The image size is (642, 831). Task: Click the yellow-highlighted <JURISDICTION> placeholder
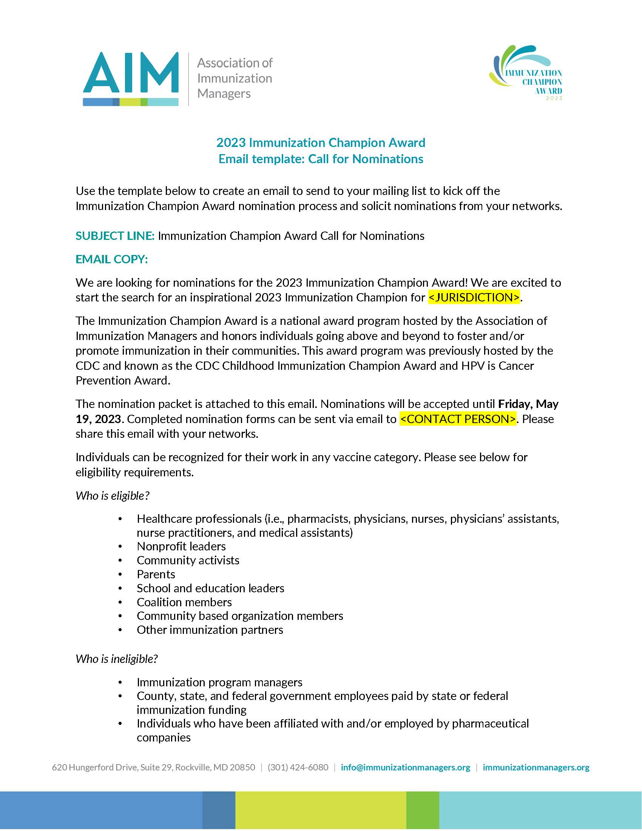point(474,297)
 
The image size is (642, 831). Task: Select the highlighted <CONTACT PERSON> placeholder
point(458,419)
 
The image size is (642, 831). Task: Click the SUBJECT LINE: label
point(115,236)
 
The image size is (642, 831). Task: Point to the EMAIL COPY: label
point(111,259)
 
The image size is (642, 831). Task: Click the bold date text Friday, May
point(528,404)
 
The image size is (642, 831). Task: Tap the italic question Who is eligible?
point(112,496)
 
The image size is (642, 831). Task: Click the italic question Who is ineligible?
point(116,659)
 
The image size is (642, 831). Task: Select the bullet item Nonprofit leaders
point(181,547)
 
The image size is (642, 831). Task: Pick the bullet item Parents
point(156,574)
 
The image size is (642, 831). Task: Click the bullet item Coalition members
point(184,602)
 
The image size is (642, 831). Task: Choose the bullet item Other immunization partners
point(210,630)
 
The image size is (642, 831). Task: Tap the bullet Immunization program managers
point(219,682)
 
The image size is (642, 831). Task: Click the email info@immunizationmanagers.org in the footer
point(406,768)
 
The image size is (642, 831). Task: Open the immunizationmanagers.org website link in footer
point(536,768)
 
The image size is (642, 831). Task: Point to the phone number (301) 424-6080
point(298,768)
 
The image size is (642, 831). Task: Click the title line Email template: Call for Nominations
point(321,159)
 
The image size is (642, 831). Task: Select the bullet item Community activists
point(188,560)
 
